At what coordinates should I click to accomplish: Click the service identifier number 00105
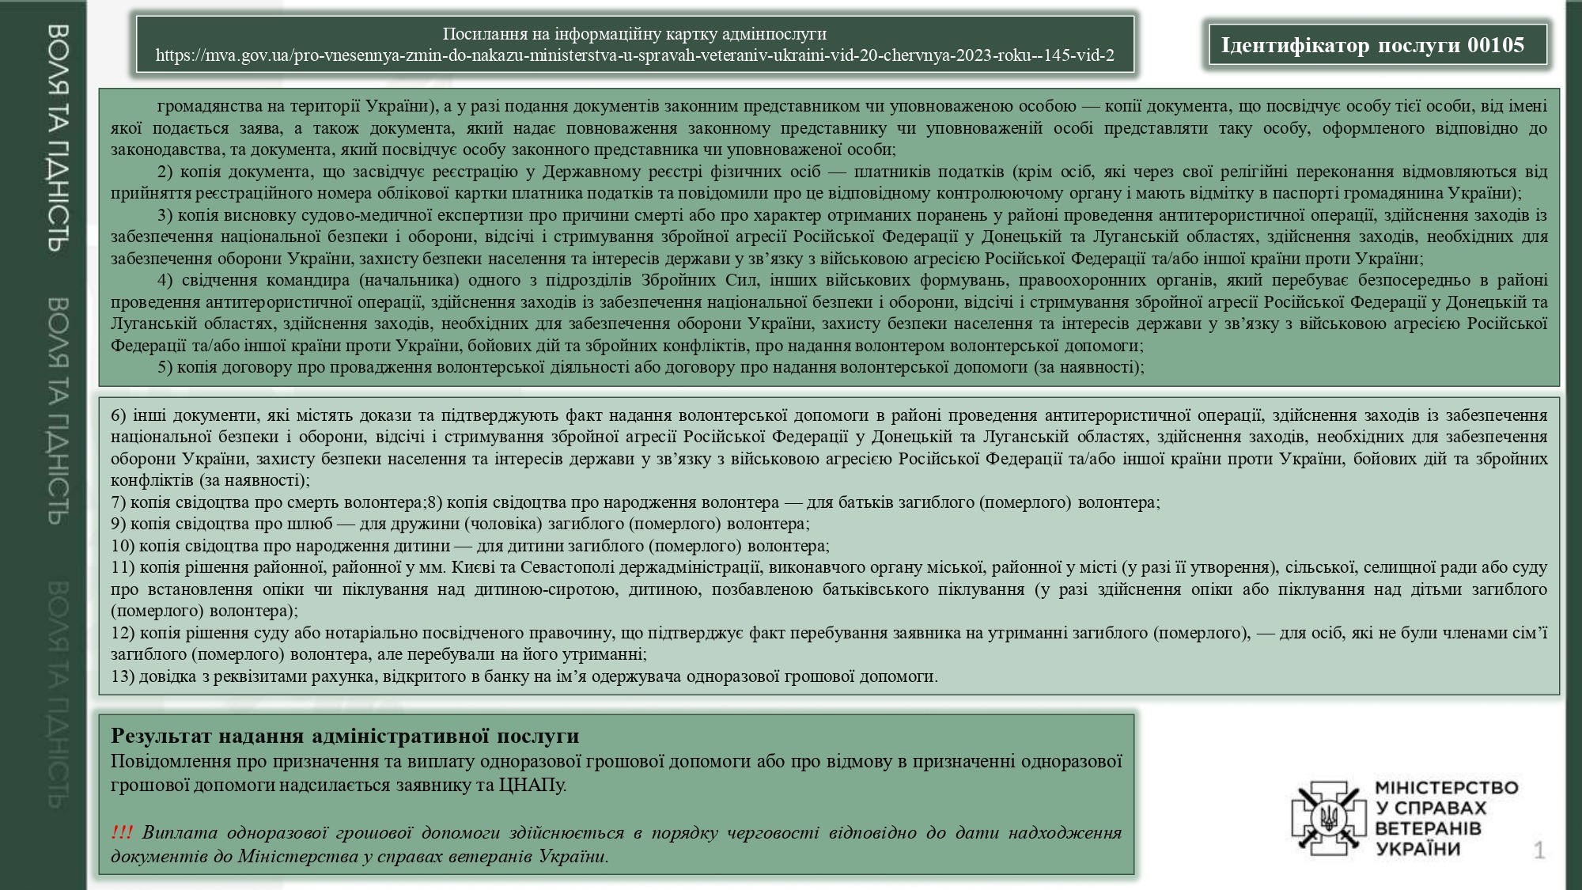pyautogui.click(x=1496, y=45)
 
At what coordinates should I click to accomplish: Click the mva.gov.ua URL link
pyautogui.click(x=634, y=55)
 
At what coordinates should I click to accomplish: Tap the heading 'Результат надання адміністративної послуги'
pyautogui.click(x=345, y=736)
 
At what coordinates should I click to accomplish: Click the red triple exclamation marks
pyautogui.click(x=122, y=832)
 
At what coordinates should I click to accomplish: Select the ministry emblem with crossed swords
pyautogui.click(x=1329, y=818)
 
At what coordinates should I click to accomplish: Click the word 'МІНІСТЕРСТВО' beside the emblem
pyautogui.click(x=1447, y=788)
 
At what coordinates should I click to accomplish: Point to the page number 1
pyautogui.click(x=1538, y=850)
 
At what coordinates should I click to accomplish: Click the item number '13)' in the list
pyautogui.click(x=123, y=676)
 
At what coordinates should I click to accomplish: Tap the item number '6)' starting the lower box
pyautogui.click(x=119, y=415)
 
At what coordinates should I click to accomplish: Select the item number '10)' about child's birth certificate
pyautogui.click(x=123, y=546)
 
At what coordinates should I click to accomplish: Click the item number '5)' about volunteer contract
pyautogui.click(x=165, y=367)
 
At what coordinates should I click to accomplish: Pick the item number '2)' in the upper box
pyautogui.click(x=165, y=172)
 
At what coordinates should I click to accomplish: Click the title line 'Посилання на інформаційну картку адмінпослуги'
pyautogui.click(x=634, y=34)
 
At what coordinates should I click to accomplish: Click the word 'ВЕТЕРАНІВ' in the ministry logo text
pyautogui.click(x=1428, y=828)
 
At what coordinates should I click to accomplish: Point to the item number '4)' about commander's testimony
pyautogui.click(x=165, y=280)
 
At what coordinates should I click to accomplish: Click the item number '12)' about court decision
pyautogui.click(x=123, y=633)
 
